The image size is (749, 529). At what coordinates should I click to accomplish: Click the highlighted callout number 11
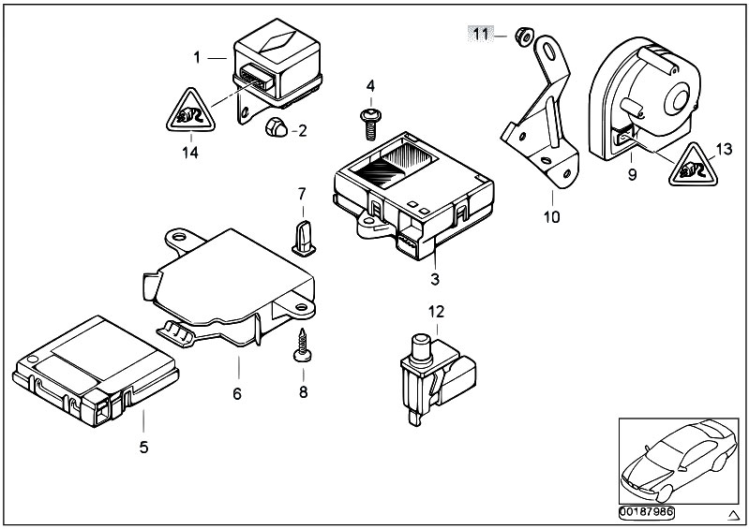click(x=481, y=35)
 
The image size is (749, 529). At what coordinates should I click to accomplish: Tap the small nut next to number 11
click(x=523, y=37)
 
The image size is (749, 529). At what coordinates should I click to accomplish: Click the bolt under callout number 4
click(x=371, y=123)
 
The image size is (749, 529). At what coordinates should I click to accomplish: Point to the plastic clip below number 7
click(x=304, y=238)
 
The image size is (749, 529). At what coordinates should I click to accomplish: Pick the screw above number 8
click(x=303, y=345)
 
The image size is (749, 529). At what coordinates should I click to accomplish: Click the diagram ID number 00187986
click(x=647, y=513)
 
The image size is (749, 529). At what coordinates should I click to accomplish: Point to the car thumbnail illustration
click(x=679, y=462)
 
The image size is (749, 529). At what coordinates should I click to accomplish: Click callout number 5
click(x=143, y=447)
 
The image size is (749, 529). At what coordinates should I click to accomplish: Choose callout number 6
click(x=237, y=393)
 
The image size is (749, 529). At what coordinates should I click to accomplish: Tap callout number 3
click(x=435, y=279)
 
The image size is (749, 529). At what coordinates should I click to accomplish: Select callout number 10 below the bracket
click(x=551, y=217)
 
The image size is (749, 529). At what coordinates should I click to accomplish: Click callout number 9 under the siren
click(x=632, y=175)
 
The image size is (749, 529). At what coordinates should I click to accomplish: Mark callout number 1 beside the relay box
click(x=197, y=58)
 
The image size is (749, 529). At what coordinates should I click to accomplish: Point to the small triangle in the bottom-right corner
click(x=733, y=515)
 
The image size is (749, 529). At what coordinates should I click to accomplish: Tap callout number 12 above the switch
click(x=436, y=312)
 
